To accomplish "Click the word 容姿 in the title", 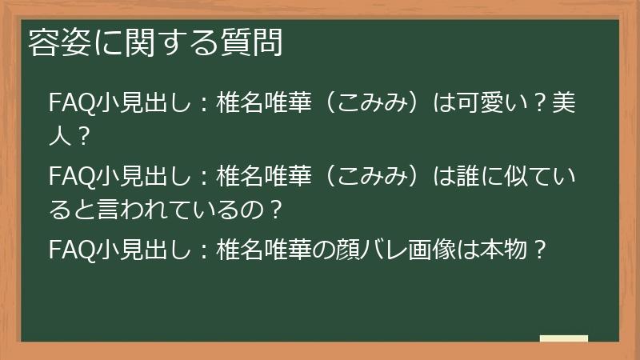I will [x=54, y=42].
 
